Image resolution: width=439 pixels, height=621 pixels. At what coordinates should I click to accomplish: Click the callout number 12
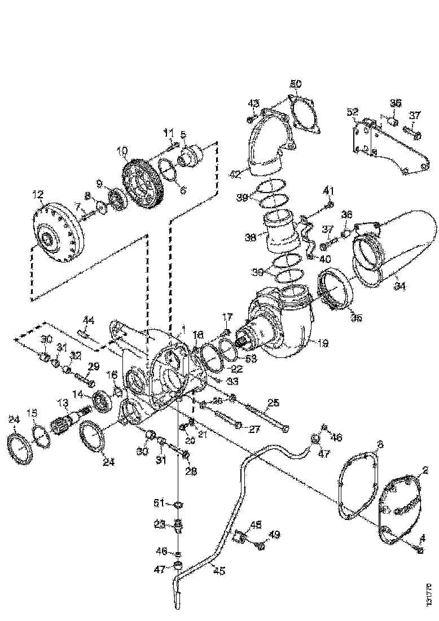point(38,195)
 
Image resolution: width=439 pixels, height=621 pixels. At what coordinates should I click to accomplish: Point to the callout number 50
point(296,84)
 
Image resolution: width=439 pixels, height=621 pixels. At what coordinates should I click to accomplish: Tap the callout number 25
point(273,403)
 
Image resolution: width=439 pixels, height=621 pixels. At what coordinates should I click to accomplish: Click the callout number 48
point(256,524)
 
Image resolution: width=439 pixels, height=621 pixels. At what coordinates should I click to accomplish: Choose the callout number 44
point(88,320)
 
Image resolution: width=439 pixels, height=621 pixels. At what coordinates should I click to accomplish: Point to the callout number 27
point(254,429)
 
